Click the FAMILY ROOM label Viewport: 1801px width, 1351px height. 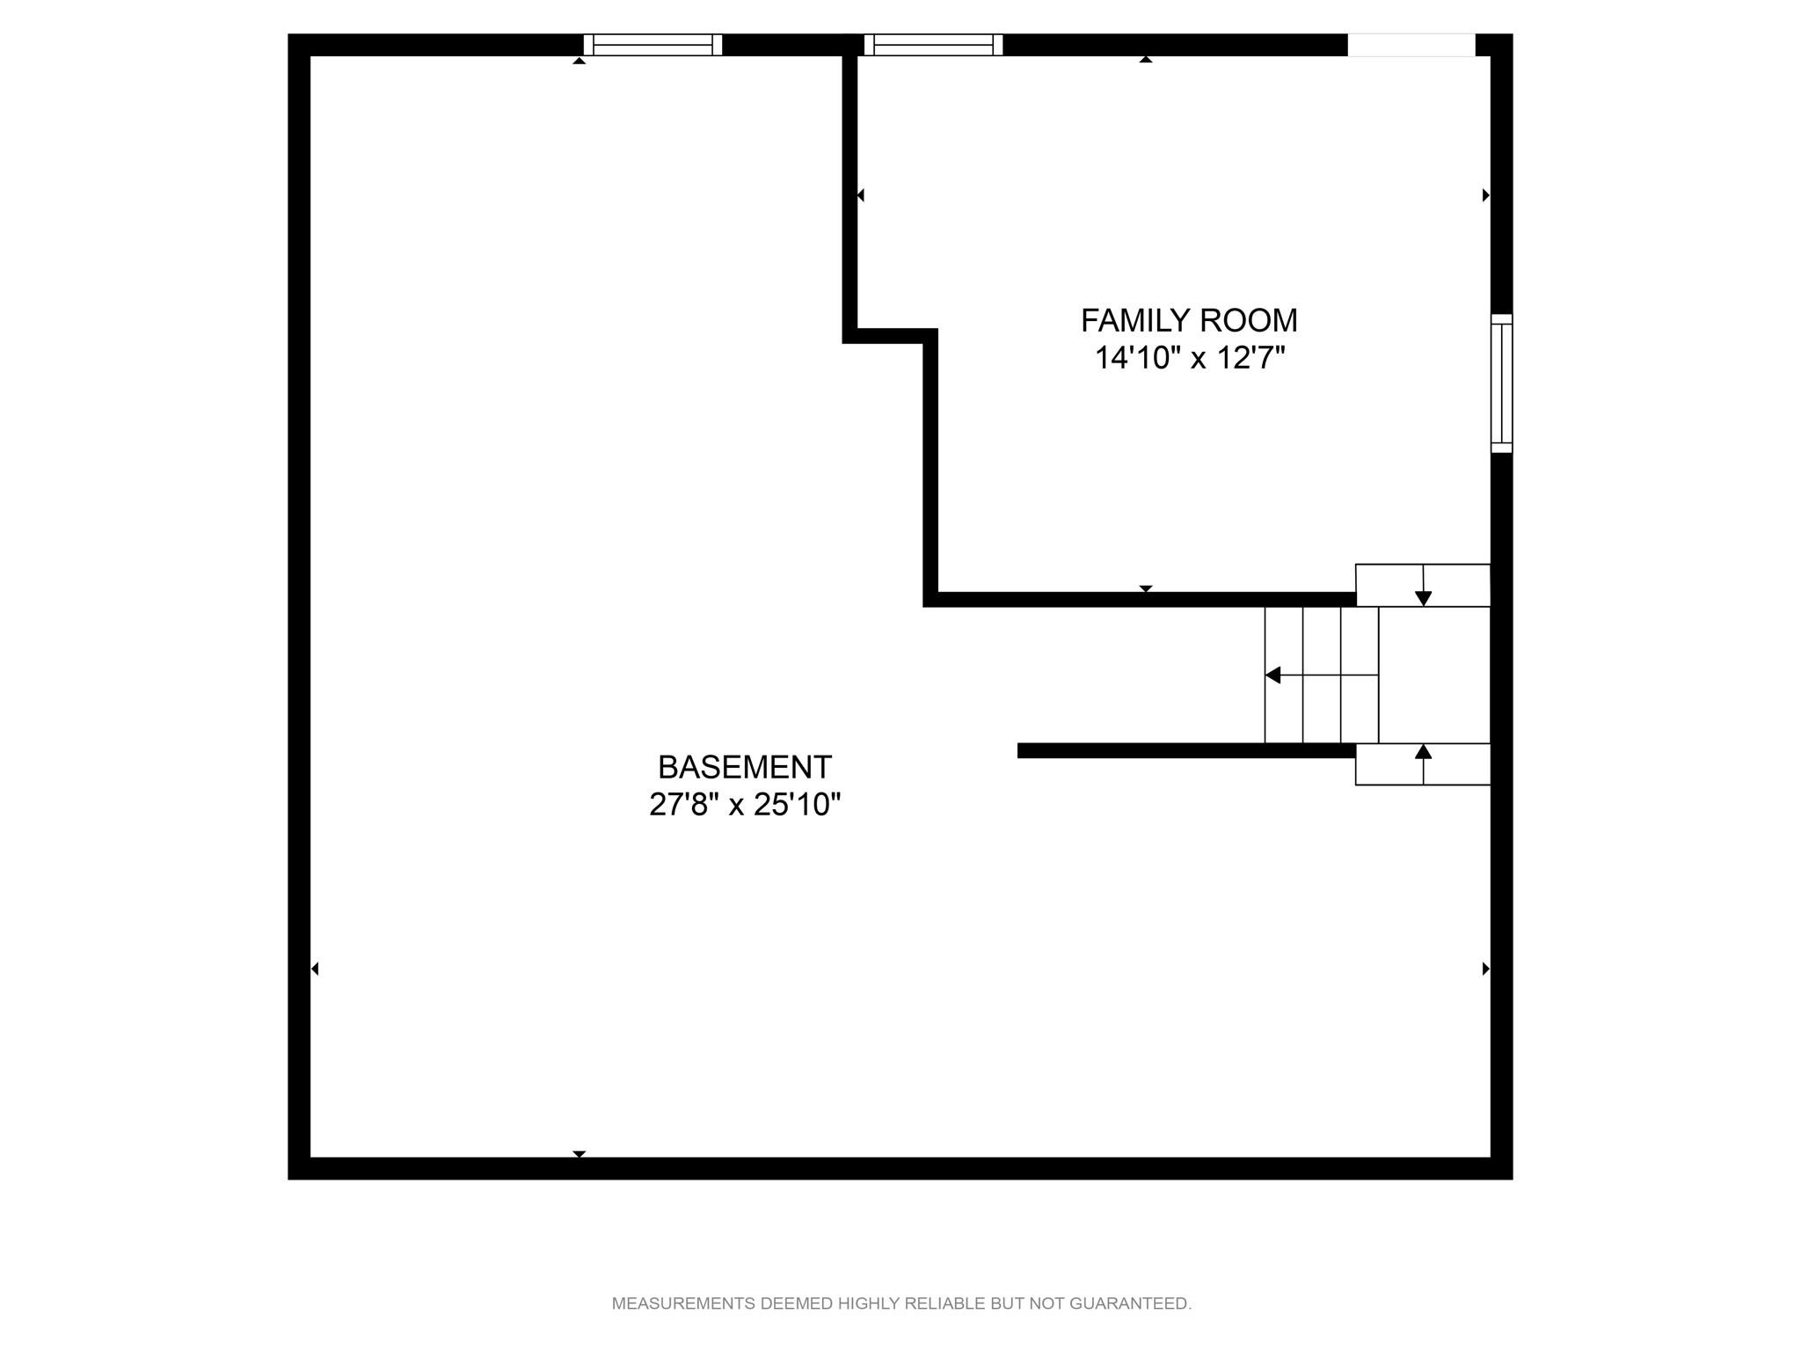(x=1189, y=321)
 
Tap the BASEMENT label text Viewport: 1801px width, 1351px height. (x=745, y=768)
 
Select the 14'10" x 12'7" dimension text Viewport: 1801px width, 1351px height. (x=1190, y=359)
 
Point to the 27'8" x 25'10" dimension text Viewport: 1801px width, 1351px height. (x=745, y=805)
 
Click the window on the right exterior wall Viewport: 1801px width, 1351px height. (x=1501, y=383)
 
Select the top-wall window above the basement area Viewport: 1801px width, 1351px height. (x=653, y=45)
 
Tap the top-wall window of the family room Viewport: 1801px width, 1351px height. (x=933, y=45)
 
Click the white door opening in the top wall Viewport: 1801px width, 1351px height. (x=1411, y=45)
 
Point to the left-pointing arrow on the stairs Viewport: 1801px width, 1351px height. (x=1322, y=675)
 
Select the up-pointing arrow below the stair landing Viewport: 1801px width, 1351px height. (x=1423, y=763)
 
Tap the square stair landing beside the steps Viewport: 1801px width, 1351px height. (x=1434, y=675)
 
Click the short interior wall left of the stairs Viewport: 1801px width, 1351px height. (x=1186, y=750)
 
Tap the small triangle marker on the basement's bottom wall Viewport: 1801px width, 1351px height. (x=579, y=1154)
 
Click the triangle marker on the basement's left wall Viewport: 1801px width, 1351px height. (x=315, y=969)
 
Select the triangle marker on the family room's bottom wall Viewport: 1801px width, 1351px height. (x=1146, y=588)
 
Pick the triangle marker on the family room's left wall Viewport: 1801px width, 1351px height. (x=861, y=195)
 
